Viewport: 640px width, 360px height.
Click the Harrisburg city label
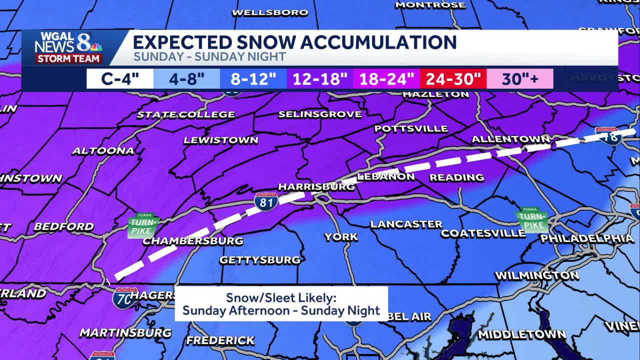(x=316, y=186)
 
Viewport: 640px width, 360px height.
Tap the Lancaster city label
(x=406, y=224)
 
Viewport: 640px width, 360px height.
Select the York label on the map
(x=341, y=237)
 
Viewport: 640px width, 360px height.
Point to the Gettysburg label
(x=260, y=260)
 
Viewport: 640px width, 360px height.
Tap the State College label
(x=186, y=114)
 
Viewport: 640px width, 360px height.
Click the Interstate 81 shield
(x=265, y=201)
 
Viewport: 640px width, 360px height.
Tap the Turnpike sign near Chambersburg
(x=143, y=224)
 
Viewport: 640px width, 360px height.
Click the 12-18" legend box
(x=320, y=79)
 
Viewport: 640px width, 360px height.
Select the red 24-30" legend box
(x=453, y=79)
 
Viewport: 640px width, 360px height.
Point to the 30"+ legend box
(x=520, y=79)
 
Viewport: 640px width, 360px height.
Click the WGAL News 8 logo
(x=68, y=47)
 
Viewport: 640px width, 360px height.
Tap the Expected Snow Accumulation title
(x=294, y=42)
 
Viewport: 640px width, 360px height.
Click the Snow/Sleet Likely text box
(x=281, y=304)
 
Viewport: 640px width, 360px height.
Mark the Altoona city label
(x=103, y=150)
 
